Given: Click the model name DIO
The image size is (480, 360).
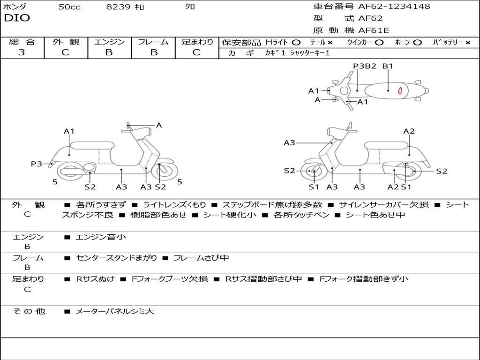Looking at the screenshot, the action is (x=17, y=18).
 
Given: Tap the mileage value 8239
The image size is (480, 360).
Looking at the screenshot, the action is (x=119, y=7).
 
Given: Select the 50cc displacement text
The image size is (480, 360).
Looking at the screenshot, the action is (x=69, y=7).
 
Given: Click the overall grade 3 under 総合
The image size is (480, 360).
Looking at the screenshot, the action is (x=22, y=52).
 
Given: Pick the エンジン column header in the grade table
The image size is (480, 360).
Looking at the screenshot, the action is (x=109, y=42).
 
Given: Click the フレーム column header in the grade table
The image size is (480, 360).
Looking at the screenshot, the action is (x=153, y=42).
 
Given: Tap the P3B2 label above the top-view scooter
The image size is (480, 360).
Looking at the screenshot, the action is (x=365, y=66).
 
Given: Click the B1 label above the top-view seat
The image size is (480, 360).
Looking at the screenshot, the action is (x=388, y=66).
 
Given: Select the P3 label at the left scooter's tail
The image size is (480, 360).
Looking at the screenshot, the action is (x=37, y=164).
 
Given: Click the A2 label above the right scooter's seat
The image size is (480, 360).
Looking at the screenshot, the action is (x=409, y=131).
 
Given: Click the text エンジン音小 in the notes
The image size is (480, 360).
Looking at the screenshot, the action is (x=101, y=237).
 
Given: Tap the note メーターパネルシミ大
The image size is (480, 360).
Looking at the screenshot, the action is (x=115, y=311).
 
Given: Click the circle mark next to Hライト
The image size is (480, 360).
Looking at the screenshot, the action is (x=296, y=42).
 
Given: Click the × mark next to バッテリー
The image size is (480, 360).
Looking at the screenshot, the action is (x=468, y=42).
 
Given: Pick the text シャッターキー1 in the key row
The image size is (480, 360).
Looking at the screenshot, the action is (x=309, y=53).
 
